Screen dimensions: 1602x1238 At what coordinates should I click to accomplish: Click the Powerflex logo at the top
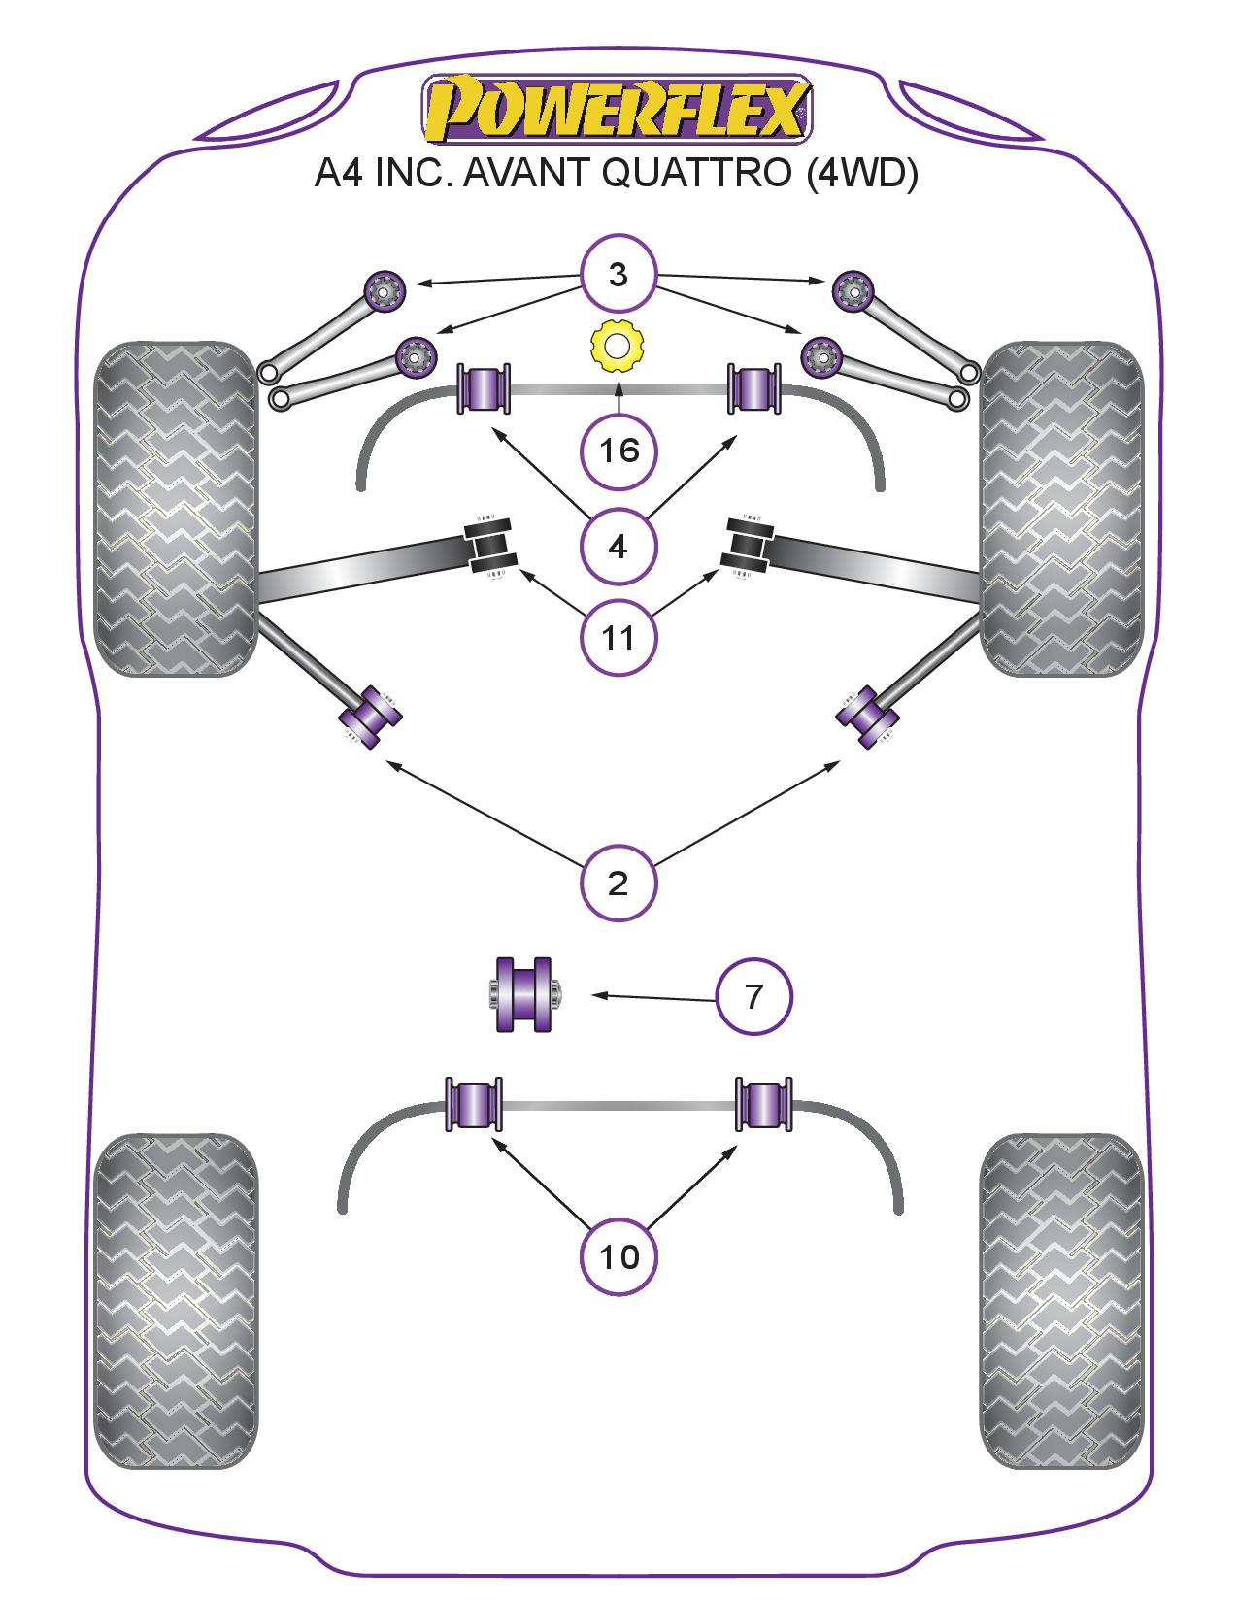point(617,108)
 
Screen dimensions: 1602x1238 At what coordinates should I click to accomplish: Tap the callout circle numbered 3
point(619,275)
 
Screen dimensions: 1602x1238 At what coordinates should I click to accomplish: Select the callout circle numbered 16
point(619,451)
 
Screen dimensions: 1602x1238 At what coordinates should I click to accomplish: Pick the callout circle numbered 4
point(619,547)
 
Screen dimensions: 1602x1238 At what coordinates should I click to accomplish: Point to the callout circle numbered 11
point(619,637)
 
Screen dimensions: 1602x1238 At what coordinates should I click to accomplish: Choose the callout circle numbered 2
point(619,884)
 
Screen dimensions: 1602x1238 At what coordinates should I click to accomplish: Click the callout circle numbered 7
point(754,997)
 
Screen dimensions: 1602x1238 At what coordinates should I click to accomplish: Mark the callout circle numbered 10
point(619,1257)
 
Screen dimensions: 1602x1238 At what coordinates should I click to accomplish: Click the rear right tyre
point(1061,1301)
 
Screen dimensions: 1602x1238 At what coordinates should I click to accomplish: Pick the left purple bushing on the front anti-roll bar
point(485,387)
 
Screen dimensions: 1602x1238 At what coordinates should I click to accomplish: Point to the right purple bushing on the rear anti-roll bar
point(764,1104)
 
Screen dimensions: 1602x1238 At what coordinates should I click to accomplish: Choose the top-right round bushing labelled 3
point(853,289)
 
